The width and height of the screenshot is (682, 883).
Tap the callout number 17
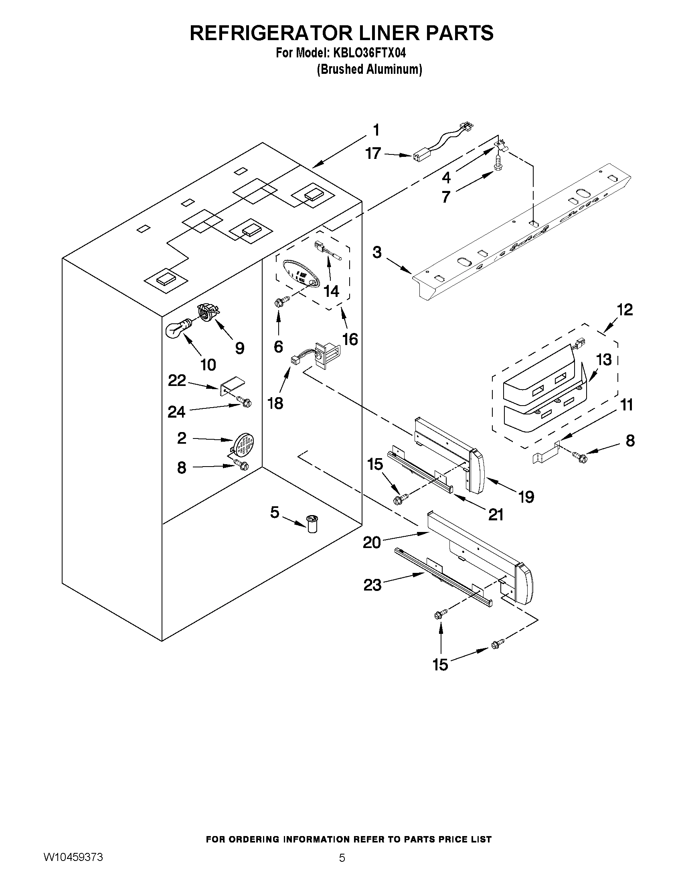click(373, 154)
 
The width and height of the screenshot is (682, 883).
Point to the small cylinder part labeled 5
click(312, 524)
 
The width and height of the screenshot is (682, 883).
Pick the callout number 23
click(372, 585)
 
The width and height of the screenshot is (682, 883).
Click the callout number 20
click(372, 542)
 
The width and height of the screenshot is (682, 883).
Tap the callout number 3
click(376, 253)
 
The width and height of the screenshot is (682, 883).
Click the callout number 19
click(526, 497)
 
